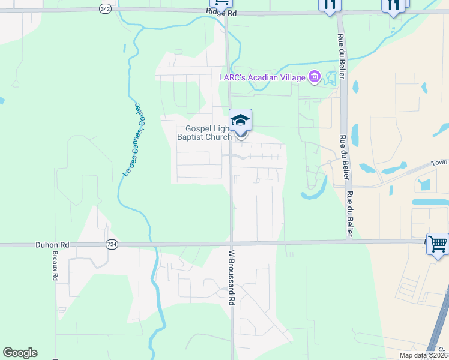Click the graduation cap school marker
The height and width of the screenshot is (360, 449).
click(240, 119)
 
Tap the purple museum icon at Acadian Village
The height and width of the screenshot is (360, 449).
click(314, 77)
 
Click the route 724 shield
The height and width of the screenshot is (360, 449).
click(112, 244)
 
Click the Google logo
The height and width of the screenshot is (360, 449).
click(20, 353)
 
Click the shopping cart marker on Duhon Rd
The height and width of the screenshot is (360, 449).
click(438, 244)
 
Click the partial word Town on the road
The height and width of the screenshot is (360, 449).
click(440, 163)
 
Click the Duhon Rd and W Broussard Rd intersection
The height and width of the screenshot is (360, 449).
click(231, 244)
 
